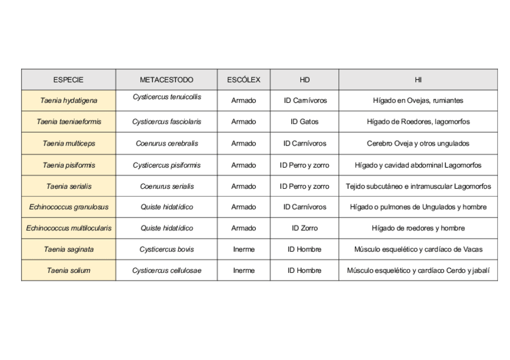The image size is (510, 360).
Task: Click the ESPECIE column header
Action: pos(68,80)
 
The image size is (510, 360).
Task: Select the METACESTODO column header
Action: pos(167,80)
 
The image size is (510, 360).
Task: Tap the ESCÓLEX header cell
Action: pos(244,80)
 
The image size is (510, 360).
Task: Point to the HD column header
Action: pos(304,80)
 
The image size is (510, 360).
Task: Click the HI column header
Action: pos(418,80)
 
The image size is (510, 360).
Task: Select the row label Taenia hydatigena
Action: pos(69,100)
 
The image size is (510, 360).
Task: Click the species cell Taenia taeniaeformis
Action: pos(69,121)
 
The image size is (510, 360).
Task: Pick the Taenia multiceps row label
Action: pos(69,144)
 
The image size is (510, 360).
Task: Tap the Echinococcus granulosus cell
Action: pos(69,207)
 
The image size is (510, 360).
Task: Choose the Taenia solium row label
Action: pos(69,270)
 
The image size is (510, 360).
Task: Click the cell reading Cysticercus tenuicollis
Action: pos(167,97)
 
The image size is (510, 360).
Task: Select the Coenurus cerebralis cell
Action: pos(167,144)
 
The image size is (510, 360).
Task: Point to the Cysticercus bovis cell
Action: pos(167,249)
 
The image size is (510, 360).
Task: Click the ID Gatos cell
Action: pos(304,121)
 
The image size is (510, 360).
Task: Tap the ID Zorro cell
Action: pos(304,228)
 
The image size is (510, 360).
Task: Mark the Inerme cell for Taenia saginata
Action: pos(244,249)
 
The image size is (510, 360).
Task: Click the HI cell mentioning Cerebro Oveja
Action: pos(418,144)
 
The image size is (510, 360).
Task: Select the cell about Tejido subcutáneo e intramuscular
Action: pos(418,186)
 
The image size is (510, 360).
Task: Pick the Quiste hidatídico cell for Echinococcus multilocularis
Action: pos(167,228)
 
